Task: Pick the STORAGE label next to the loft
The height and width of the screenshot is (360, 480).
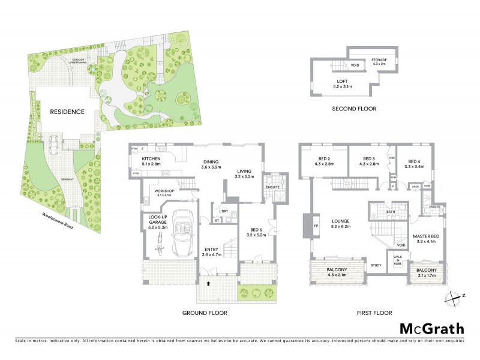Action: click(379, 61)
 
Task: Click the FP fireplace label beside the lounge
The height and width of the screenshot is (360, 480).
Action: click(316, 226)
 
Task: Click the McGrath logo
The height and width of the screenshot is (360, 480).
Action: click(432, 328)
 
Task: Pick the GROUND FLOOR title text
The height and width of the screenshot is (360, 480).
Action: click(206, 313)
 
